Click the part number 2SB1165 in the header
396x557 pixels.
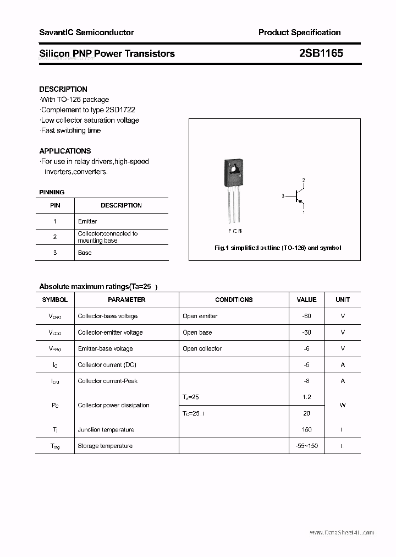pyautogui.click(x=321, y=53)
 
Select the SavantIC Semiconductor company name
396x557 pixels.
pyautogui.click(x=86, y=32)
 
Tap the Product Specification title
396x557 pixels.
pyautogui.click(x=299, y=32)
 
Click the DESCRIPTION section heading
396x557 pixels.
pyautogui.click(x=63, y=89)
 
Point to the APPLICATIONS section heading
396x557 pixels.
pyautogui.click(x=65, y=151)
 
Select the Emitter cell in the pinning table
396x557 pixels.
pyautogui.click(x=87, y=221)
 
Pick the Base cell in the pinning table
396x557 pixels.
pyautogui.click(x=85, y=253)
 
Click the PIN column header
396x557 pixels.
pyautogui.click(x=55, y=205)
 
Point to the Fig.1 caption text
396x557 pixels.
pyautogui.click(x=277, y=248)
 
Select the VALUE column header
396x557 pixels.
pyautogui.click(x=306, y=300)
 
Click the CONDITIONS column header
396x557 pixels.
pyautogui.click(x=234, y=300)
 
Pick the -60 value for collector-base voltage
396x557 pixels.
pyautogui.click(x=306, y=316)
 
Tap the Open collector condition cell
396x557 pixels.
pyautogui.click(x=202, y=348)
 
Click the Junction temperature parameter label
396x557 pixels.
pyautogui.click(x=106, y=430)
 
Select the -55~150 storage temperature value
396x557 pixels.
pyautogui.click(x=306, y=446)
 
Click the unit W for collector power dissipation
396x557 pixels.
pyautogui.click(x=343, y=405)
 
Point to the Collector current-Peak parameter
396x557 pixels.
pyautogui.click(x=107, y=381)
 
